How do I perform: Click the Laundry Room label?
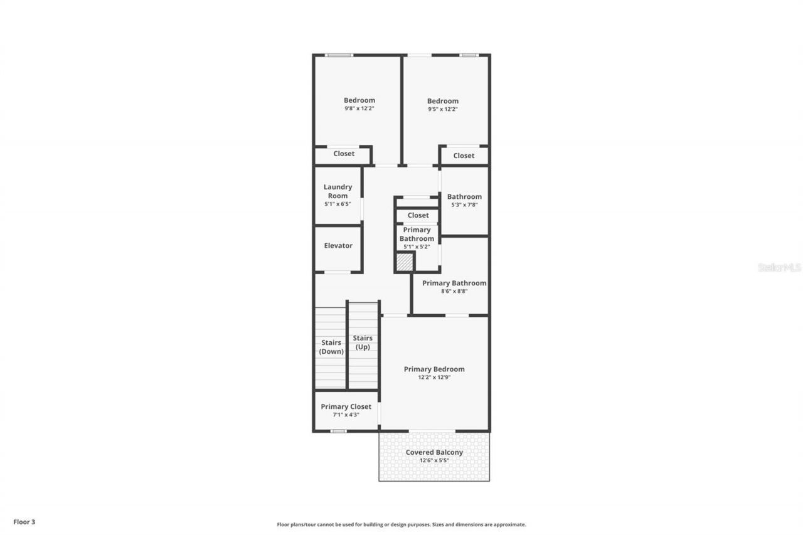click(x=338, y=191)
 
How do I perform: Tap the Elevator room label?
click(x=338, y=246)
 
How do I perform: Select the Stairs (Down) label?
click(x=331, y=347)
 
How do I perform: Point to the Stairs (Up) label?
click(x=363, y=342)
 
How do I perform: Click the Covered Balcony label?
click(x=434, y=452)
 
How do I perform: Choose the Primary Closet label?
click(x=346, y=406)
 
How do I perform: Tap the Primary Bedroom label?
click(x=434, y=369)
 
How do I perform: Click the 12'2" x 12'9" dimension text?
click(x=434, y=378)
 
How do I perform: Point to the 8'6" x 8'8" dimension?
click(x=454, y=291)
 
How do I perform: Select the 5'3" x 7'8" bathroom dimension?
click(x=464, y=204)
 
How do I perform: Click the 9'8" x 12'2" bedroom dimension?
click(x=359, y=109)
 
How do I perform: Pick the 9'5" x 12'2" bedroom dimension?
click(x=442, y=109)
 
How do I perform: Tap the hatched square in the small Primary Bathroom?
click(x=405, y=262)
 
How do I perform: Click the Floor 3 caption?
click(x=24, y=521)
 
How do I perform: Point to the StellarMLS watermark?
click(x=779, y=267)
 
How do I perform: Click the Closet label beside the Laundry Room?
click(x=344, y=154)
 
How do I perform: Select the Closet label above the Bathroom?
click(x=464, y=156)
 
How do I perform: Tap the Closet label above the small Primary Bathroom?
click(x=418, y=215)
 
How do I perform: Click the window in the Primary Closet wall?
click(x=338, y=431)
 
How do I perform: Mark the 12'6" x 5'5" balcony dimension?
click(x=434, y=460)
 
